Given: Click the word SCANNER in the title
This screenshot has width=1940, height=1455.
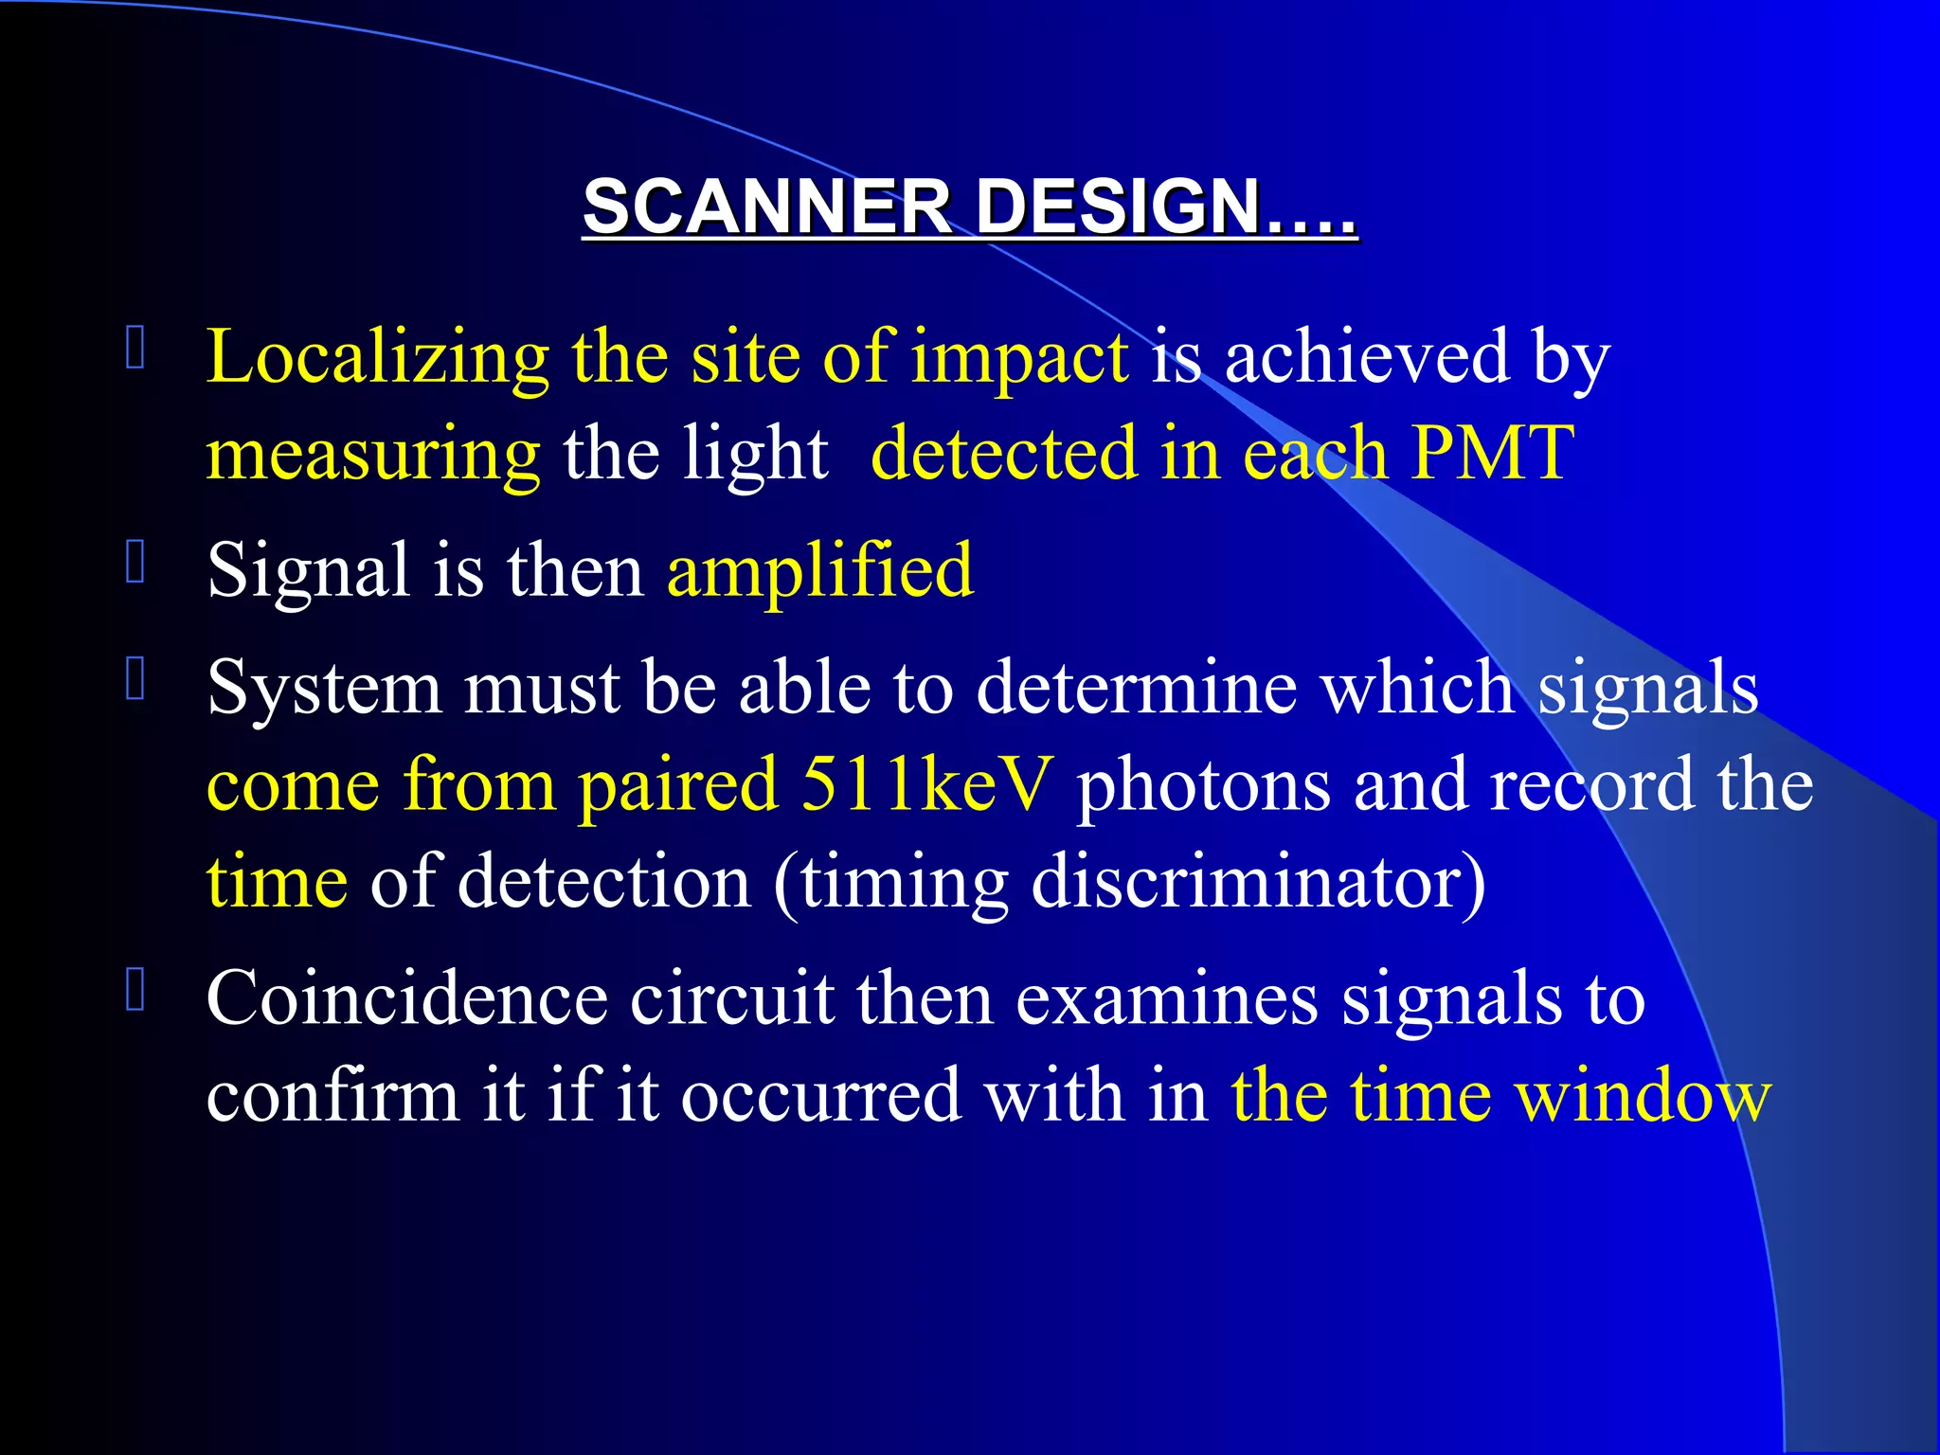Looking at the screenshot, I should (767, 207).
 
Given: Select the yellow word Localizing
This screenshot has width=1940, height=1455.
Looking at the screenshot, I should (377, 358).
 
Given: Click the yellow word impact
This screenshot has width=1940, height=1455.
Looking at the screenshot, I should (1019, 358).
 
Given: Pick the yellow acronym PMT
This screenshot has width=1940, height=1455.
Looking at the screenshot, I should (1493, 453).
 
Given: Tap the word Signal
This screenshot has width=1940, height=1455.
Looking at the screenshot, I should (308, 570).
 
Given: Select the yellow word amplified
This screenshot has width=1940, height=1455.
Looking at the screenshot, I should (820, 572).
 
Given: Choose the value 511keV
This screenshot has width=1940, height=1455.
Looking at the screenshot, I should (926, 784).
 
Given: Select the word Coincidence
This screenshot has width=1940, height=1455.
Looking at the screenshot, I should (406, 998).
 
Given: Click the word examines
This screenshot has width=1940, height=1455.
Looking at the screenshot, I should (1167, 998).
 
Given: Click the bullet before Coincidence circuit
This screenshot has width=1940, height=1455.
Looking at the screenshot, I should (135, 990).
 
